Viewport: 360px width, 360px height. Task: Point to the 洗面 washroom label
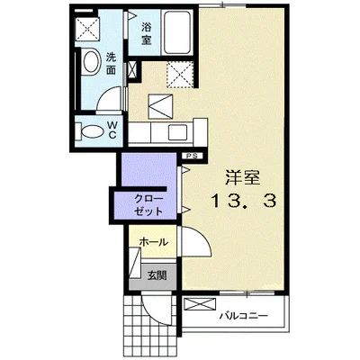(x=111, y=62)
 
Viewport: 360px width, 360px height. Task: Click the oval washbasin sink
(x=91, y=63)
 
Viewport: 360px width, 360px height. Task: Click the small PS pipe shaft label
(x=191, y=157)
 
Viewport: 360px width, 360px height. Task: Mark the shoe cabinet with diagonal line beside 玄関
(x=132, y=268)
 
